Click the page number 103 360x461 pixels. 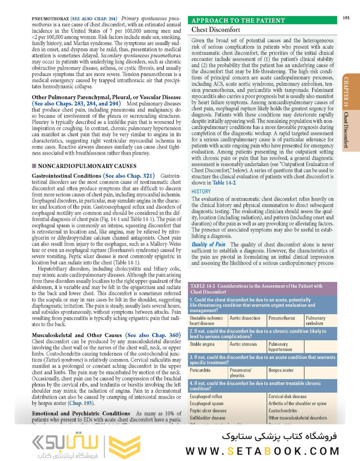pyautogui.click(x=346, y=18)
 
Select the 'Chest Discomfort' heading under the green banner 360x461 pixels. pyautogui.click(x=216, y=30)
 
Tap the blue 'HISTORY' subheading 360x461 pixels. pyautogui.click(x=201, y=192)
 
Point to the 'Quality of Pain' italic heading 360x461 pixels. pyautogui.click(x=209, y=244)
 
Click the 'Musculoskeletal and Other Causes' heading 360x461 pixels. pyautogui.click(x=77, y=335)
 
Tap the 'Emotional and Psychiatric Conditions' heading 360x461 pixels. pyautogui.click(x=81, y=413)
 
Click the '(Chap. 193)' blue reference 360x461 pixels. pyautogui.click(x=81, y=403)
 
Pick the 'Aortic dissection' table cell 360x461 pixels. pyautogui.click(x=245, y=318)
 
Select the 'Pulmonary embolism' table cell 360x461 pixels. pyautogui.click(x=316, y=321)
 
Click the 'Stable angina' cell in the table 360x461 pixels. pyautogui.click(x=202, y=344)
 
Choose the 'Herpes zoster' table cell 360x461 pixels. pyautogui.click(x=281, y=370)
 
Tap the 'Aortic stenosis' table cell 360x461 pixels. pyautogui.click(x=244, y=344)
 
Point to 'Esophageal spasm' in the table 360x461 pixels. pyautogui.click(x=206, y=403)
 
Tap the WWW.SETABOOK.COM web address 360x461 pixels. pyautogui.click(x=262, y=451)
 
